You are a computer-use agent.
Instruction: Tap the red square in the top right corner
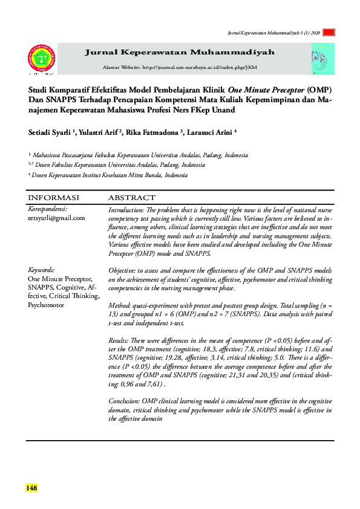point(329,33)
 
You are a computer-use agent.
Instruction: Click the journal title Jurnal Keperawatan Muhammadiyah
point(179,53)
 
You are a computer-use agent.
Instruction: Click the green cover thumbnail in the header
point(322,59)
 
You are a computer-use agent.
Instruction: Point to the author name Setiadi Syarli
point(50,132)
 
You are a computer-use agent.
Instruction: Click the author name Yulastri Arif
point(100,132)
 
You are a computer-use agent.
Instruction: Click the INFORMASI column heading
point(54,198)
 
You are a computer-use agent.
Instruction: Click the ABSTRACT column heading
point(131,198)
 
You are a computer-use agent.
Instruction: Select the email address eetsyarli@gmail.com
point(56,218)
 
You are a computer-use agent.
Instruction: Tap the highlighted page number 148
point(31,487)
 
